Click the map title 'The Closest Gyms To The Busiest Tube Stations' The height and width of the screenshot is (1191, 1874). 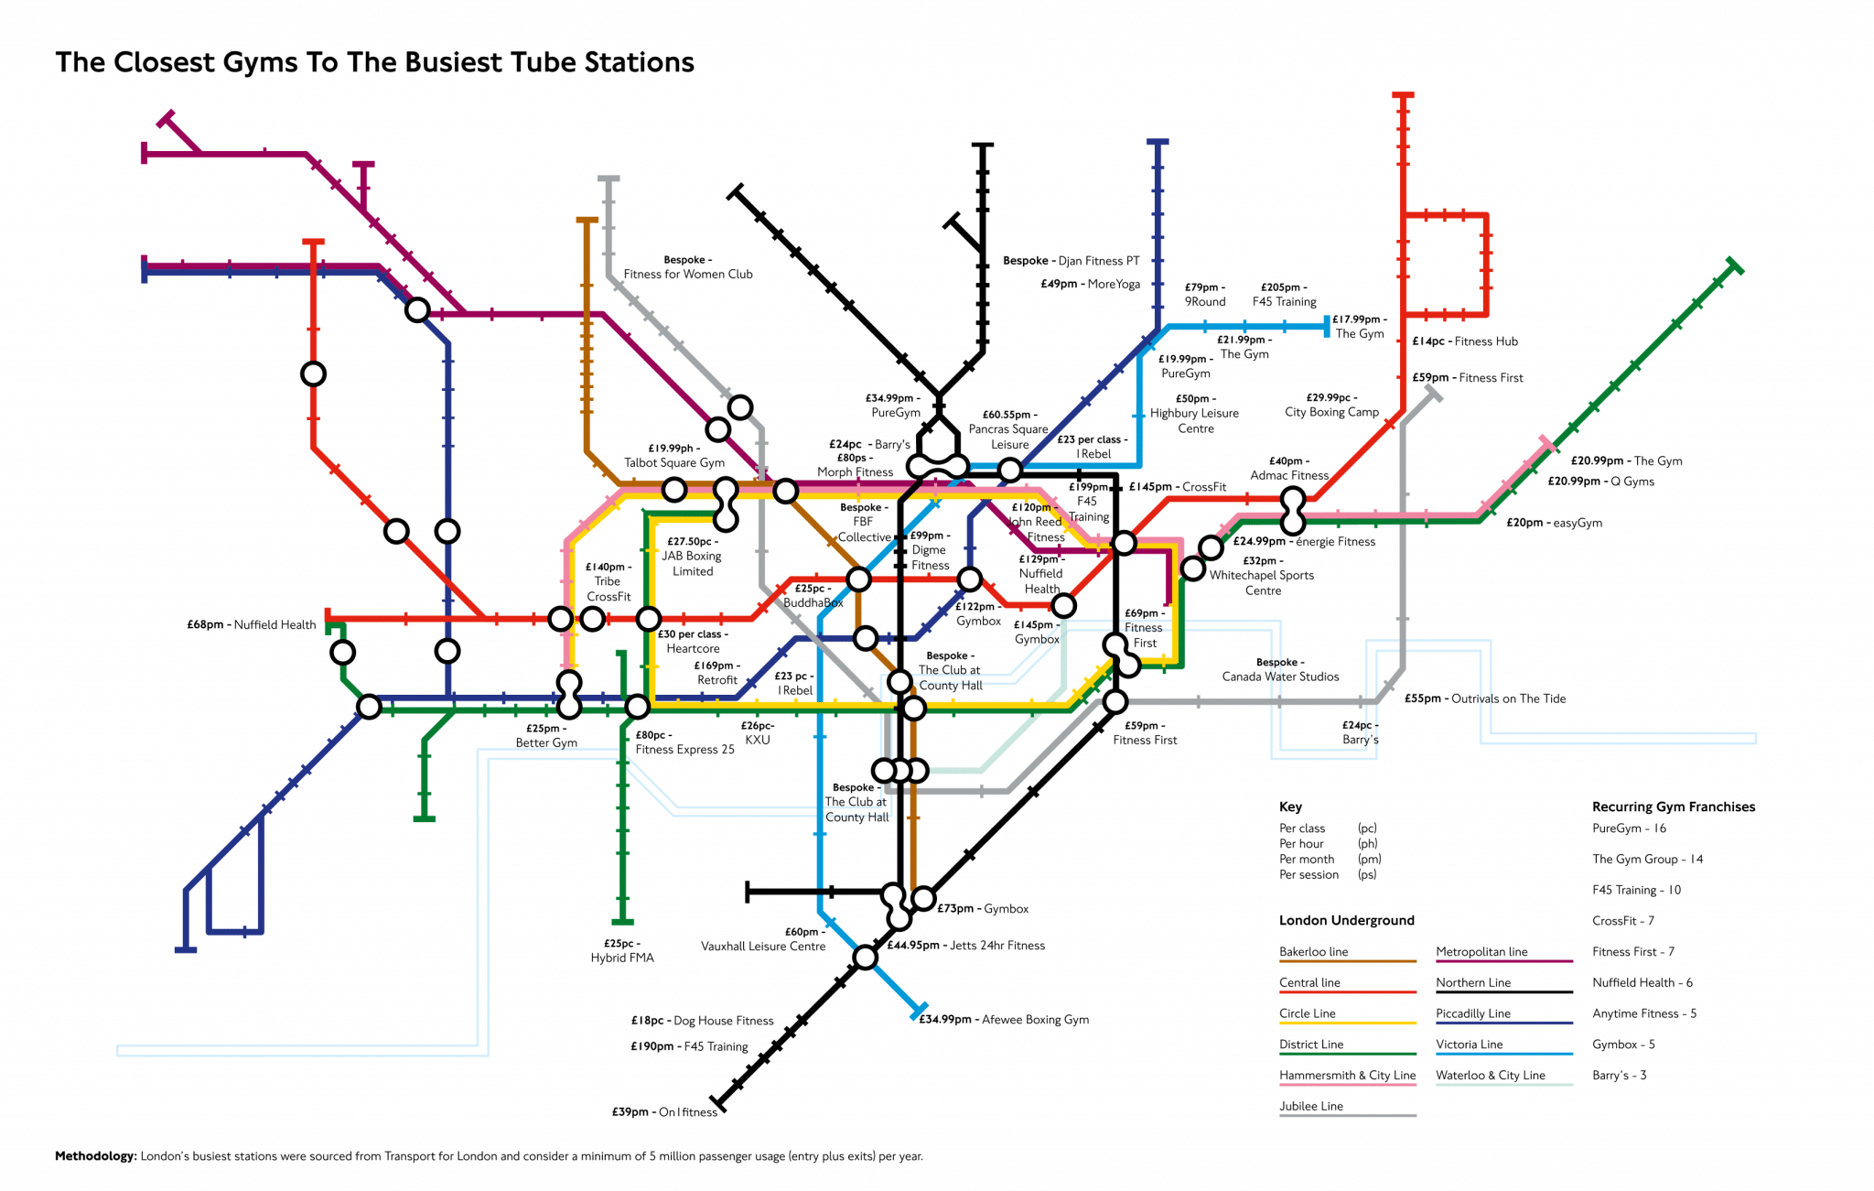[x=374, y=62]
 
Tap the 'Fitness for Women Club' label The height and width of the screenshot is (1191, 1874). [x=687, y=274]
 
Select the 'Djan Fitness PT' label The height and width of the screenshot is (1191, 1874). [x=1098, y=261]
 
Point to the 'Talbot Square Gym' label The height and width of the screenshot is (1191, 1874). [x=673, y=462]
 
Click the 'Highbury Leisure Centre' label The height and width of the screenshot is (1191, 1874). [x=1194, y=420]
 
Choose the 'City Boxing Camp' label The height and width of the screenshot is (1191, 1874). [x=1331, y=412]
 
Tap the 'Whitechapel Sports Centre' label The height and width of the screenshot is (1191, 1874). [x=1262, y=582]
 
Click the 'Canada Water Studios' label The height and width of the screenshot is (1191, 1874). [x=1280, y=677]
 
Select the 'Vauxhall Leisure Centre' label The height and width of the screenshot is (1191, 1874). [x=763, y=946]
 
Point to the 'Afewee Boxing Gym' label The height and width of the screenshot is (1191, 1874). [x=1035, y=1019]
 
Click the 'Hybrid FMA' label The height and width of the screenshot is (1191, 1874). [x=622, y=958]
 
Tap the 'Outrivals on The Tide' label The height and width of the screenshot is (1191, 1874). [x=1508, y=698]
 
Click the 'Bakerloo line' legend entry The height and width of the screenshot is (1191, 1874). [x=1314, y=952]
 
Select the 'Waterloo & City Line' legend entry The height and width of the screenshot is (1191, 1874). [x=1490, y=1076]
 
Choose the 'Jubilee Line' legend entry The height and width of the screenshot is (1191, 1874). [x=1311, y=1106]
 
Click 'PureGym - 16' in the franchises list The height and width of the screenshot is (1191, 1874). [x=1629, y=828]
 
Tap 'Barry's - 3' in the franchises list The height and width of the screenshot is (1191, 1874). [x=1619, y=1075]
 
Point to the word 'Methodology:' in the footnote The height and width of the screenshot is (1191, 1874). [x=95, y=1156]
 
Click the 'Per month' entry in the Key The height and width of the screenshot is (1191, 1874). [x=1307, y=859]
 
